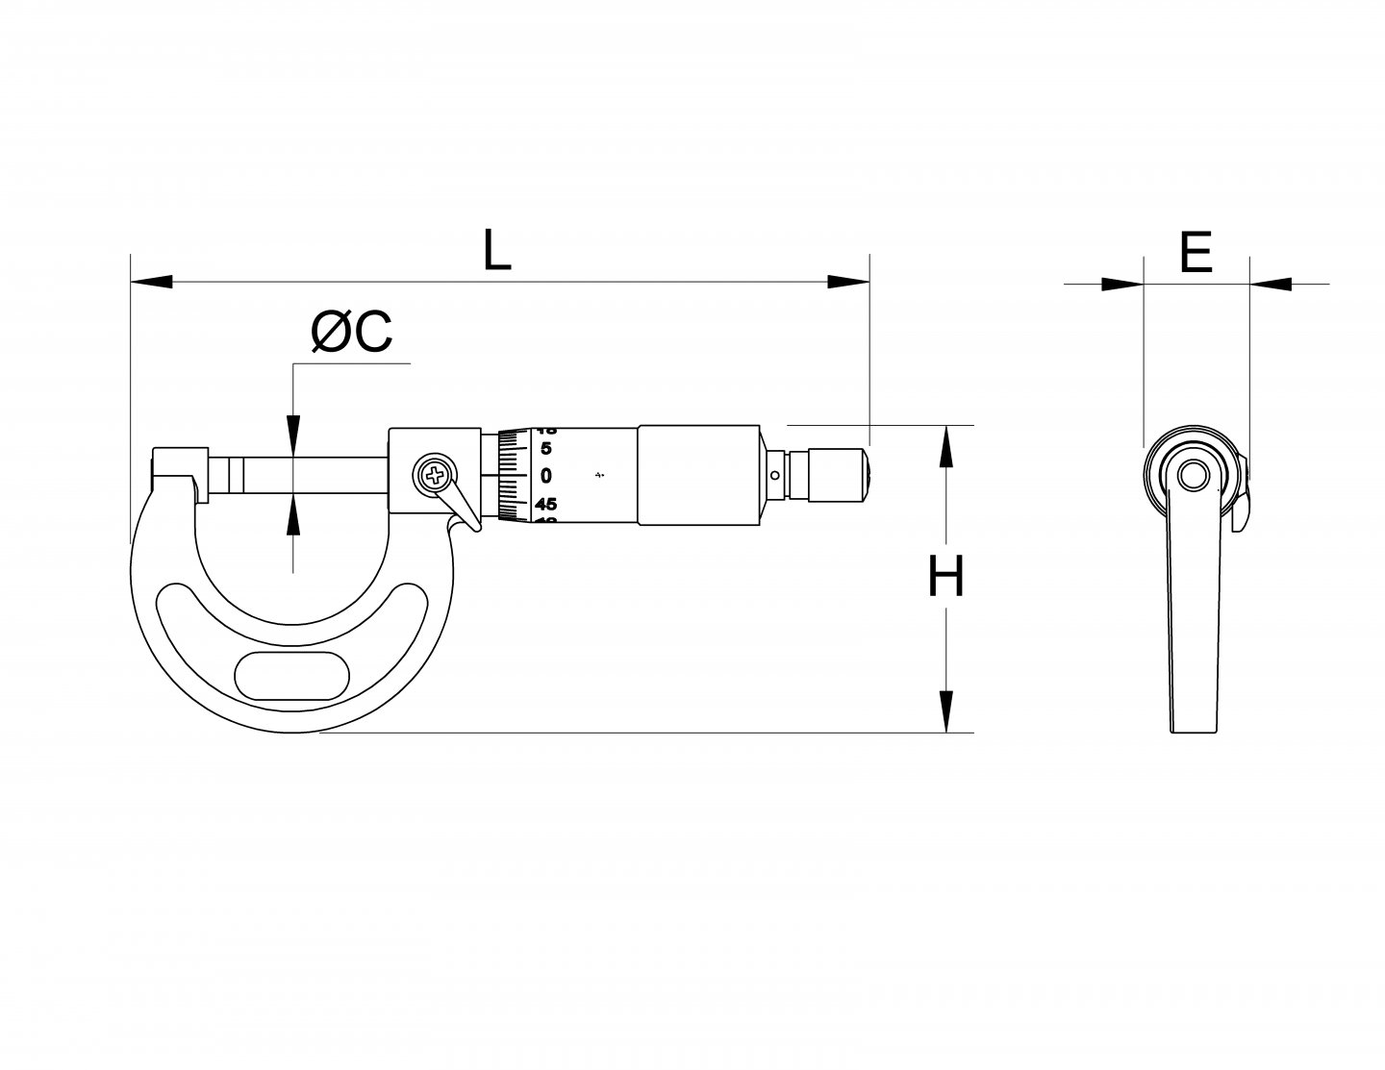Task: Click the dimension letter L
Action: point(496,250)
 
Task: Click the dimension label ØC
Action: point(352,334)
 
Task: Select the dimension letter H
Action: point(945,578)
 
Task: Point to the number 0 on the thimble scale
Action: point(546,475)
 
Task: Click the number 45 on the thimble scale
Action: point(546,503)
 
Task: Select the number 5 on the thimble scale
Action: point(546,448)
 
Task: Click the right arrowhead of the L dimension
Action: point(848,282)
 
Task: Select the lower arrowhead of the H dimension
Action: point(946,711)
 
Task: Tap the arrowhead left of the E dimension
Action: point(1121,284)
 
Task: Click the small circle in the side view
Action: point(1194,474)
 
